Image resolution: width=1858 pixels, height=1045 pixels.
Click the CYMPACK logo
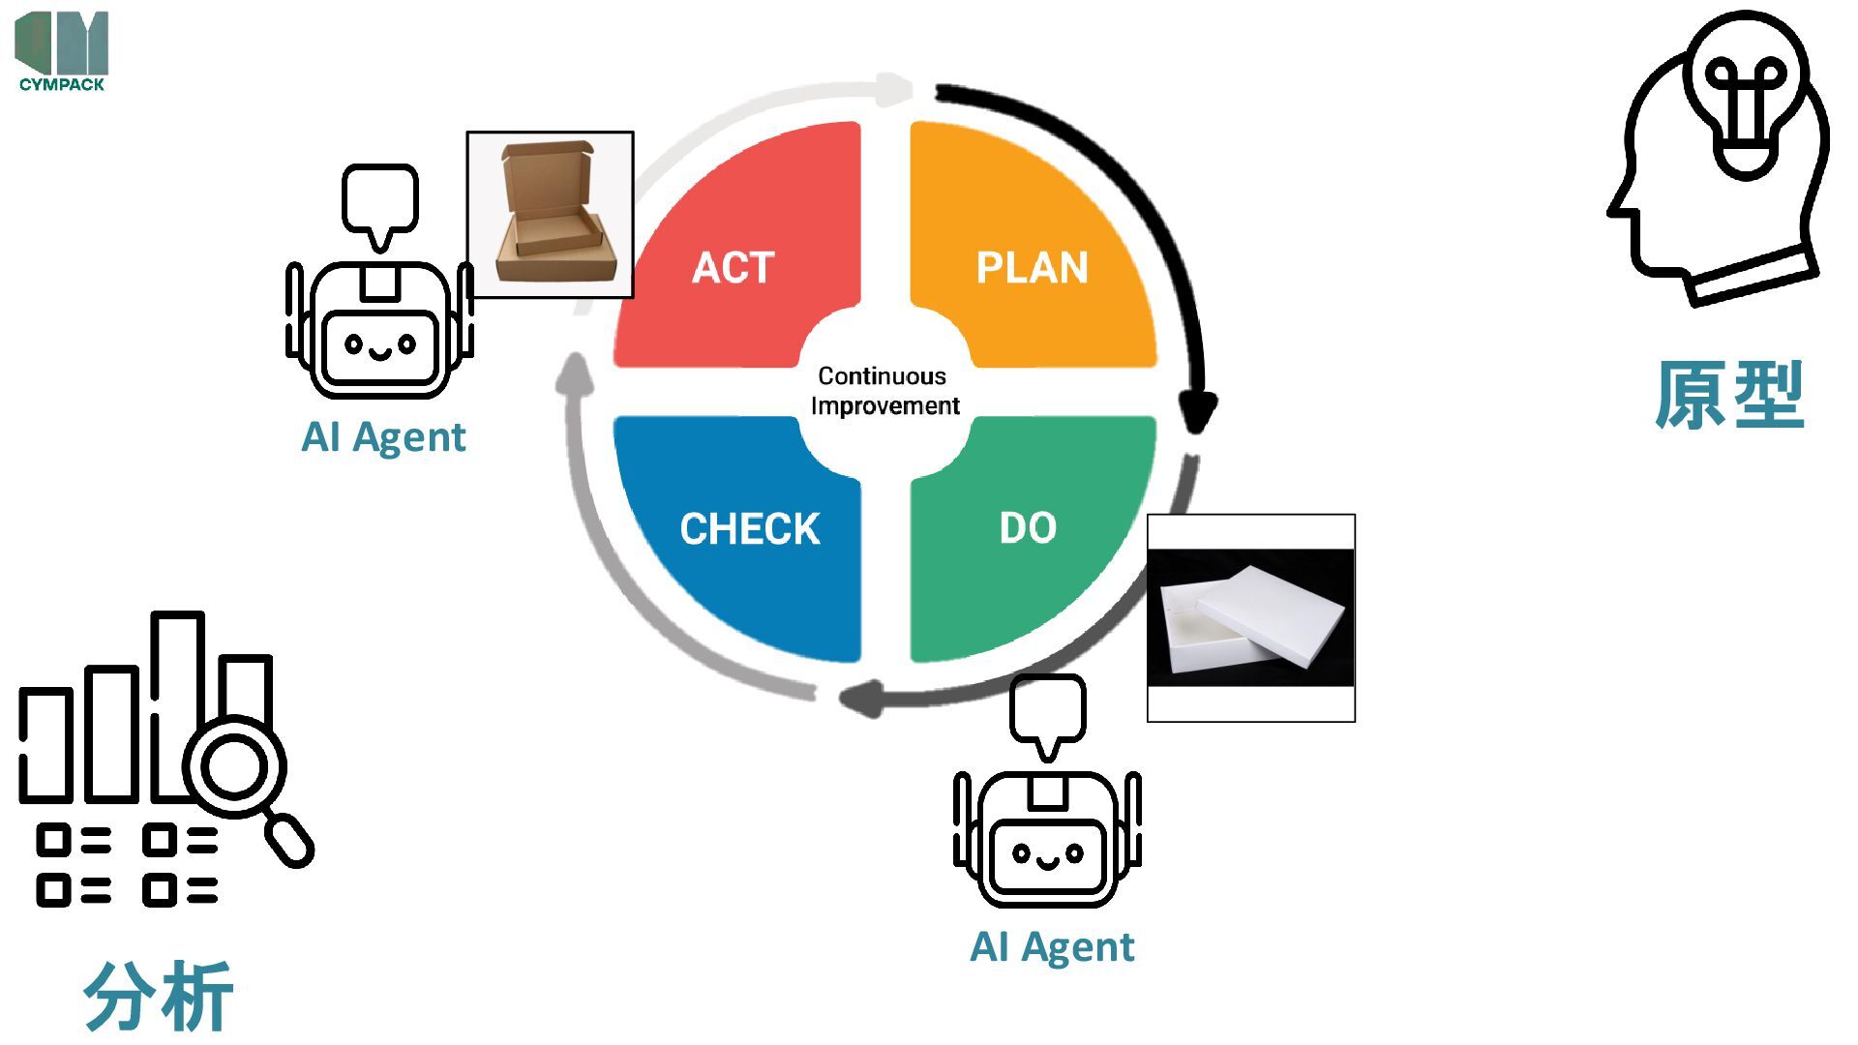point(62,51)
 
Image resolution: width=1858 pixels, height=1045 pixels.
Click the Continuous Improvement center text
point(884,390)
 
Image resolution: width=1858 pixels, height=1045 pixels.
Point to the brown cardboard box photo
point(550,215)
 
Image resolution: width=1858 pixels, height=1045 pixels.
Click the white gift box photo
point(1250,618)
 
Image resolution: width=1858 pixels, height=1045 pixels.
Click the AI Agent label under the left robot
point(383,437)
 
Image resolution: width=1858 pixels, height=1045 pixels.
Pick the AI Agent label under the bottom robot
point(1052,947)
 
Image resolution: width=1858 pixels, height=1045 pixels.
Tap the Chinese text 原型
point(1729,395)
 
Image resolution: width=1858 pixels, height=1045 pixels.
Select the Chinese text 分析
point(159,997)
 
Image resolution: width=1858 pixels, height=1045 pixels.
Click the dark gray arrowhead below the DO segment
point(861,698)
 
